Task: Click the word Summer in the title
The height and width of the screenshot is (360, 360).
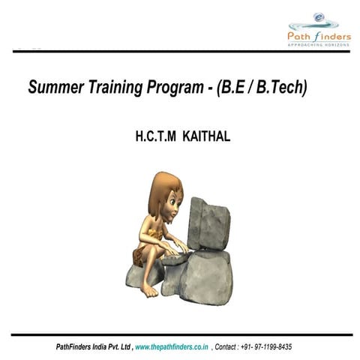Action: click(54, 88)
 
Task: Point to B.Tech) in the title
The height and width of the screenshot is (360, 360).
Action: click(282, 88)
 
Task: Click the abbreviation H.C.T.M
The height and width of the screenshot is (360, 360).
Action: click(155, 137)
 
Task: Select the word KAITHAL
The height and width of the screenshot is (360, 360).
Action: click(205, 137)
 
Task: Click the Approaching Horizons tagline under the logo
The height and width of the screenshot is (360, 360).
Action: click(319, 44)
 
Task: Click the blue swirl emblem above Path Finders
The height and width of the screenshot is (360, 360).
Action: click(319, 16)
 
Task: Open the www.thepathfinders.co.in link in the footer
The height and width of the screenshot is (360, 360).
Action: click(172, 347)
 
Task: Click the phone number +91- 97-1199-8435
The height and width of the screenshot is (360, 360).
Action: click(265, 347)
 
